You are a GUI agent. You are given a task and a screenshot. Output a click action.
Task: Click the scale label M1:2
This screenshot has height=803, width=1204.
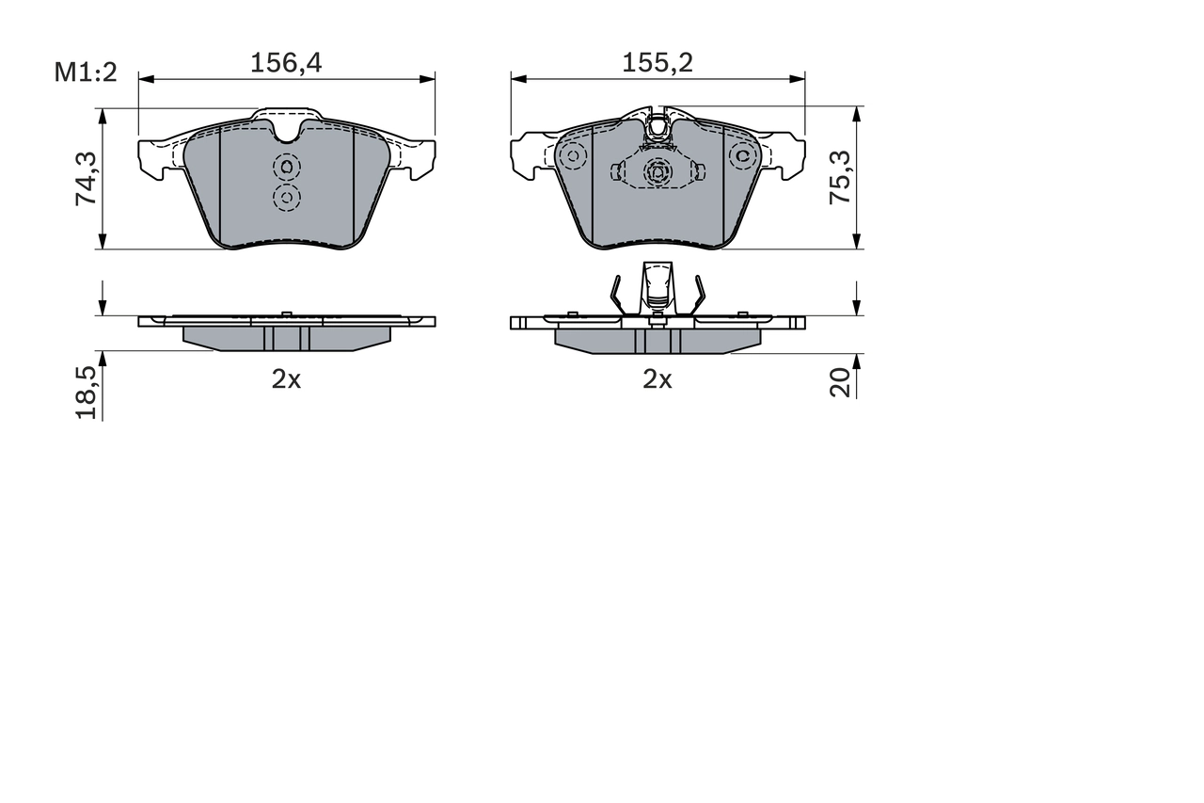[x=85, y=71]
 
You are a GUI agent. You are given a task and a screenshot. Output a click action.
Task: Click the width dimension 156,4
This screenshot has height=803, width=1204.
[x=286, y=63]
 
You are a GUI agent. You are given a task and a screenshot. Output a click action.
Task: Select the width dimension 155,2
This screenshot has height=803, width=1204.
[x=657, y=63]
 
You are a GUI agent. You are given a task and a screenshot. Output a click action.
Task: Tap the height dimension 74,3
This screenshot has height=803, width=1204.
[x=86, y=179]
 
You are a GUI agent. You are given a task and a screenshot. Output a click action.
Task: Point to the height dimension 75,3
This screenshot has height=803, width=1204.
[x=840, y=178]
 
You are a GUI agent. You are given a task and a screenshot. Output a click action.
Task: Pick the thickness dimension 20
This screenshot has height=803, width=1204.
[x=840, y=381]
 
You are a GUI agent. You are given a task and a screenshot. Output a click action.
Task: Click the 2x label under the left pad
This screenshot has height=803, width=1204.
[x=286, y=379]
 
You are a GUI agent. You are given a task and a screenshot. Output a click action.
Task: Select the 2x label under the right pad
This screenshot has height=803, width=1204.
[x=657, y=379]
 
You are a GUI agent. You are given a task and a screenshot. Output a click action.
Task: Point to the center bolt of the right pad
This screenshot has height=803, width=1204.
[x=657, y=171]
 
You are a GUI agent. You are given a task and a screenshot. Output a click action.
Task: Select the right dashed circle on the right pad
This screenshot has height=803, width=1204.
[x=743, y=155]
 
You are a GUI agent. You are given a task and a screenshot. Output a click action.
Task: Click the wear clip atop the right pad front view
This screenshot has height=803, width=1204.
[x=658, y=128]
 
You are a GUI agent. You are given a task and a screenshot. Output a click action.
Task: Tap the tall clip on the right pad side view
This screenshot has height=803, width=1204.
[x=657, y=287]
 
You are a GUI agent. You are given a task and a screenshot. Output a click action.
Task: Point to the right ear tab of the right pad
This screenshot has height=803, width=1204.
[x=788, y=155]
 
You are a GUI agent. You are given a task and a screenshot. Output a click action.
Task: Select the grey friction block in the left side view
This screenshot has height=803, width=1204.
[x=286, y=338]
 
